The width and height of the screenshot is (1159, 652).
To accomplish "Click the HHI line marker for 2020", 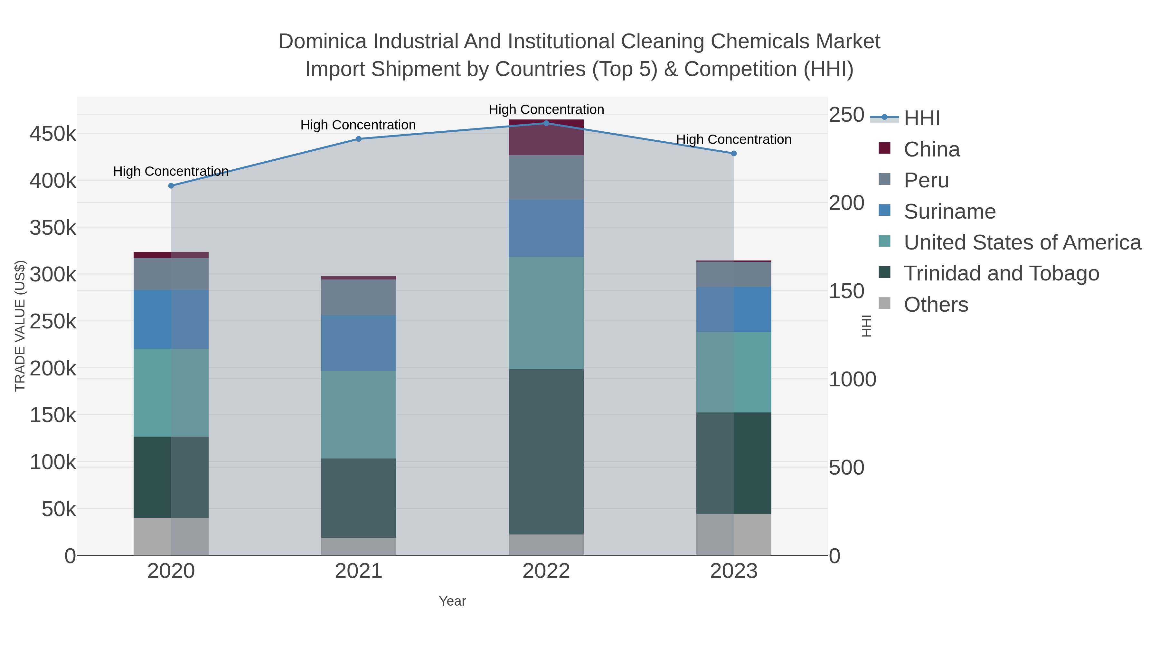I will point(171,186).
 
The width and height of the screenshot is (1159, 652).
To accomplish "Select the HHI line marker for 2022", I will point(546,123).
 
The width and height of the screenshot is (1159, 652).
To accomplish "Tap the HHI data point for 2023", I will point(734,154).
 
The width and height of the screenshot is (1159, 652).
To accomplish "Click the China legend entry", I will point(931,149).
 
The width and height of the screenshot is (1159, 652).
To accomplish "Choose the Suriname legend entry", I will point(949,212).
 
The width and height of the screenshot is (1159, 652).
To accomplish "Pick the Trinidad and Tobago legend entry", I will point(1001,274).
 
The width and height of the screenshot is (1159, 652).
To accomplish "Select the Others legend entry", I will point(936,305).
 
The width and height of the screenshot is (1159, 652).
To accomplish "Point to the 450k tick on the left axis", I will point(53,134).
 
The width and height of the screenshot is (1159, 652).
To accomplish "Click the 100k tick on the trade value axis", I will point(53,462).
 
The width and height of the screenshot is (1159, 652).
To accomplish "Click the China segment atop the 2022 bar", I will point(546,137).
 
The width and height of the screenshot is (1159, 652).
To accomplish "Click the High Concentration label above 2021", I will point(358,125).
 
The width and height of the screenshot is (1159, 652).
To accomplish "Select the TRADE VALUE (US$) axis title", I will point(20,326).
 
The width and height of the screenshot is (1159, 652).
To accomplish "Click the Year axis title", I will point(452,601).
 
